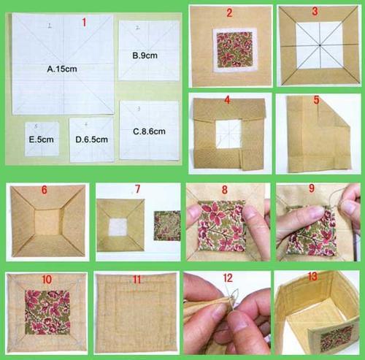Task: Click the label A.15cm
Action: point(62,69)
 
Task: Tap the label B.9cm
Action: point(145,55)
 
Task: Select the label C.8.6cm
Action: point(149,131)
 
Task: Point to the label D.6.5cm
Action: point(92,139)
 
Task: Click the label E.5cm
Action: point(42,139)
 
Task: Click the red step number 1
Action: point(84,23)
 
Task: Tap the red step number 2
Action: point(229,12)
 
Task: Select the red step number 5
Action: point(316,100)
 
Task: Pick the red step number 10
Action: point(47,280)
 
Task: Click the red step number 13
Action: point(312,276)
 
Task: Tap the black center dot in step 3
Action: point(320,45)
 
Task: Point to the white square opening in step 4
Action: point(228,134)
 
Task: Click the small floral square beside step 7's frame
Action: point(167,226)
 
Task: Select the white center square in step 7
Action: point(118,227)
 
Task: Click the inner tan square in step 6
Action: point(47,221)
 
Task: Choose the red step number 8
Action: point(224,190)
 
